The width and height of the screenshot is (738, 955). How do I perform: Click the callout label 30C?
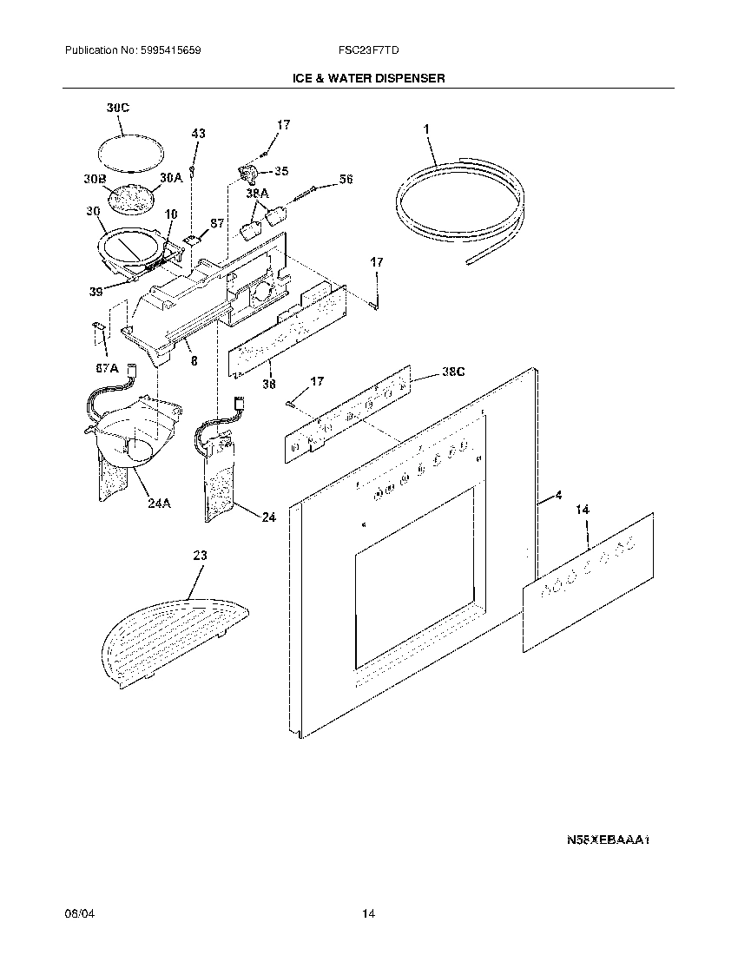click(117, 108)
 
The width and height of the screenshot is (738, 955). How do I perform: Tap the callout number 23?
click(201, 557)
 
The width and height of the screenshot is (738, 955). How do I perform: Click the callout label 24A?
click(158, 501)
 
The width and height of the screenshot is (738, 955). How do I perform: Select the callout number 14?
click(582, 510)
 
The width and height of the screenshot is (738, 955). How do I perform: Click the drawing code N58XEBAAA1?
click(608, 840)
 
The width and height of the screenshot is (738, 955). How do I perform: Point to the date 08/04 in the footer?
click(77, 914)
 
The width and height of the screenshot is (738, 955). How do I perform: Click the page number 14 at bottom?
click(369, 914)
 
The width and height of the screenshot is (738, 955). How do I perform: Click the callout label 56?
click(346, 180)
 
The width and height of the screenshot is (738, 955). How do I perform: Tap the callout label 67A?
click(106, 367)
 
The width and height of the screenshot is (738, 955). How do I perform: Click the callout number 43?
click(199, 134)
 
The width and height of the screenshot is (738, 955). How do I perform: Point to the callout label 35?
click(281, 171)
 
